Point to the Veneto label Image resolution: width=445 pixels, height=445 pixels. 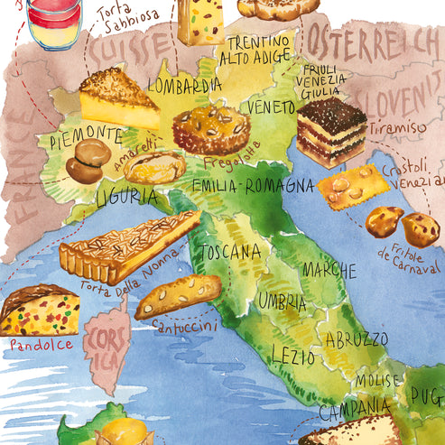(272, 107)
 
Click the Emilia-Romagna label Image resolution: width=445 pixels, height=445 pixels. (253, 187)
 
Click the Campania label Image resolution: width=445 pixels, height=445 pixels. (354, 411)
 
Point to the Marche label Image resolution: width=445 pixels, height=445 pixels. (329, 270)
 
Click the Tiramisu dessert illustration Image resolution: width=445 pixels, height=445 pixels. (330, 131)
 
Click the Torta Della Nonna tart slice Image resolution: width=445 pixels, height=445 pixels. (126, 246)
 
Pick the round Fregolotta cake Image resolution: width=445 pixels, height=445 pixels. (210, 129)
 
